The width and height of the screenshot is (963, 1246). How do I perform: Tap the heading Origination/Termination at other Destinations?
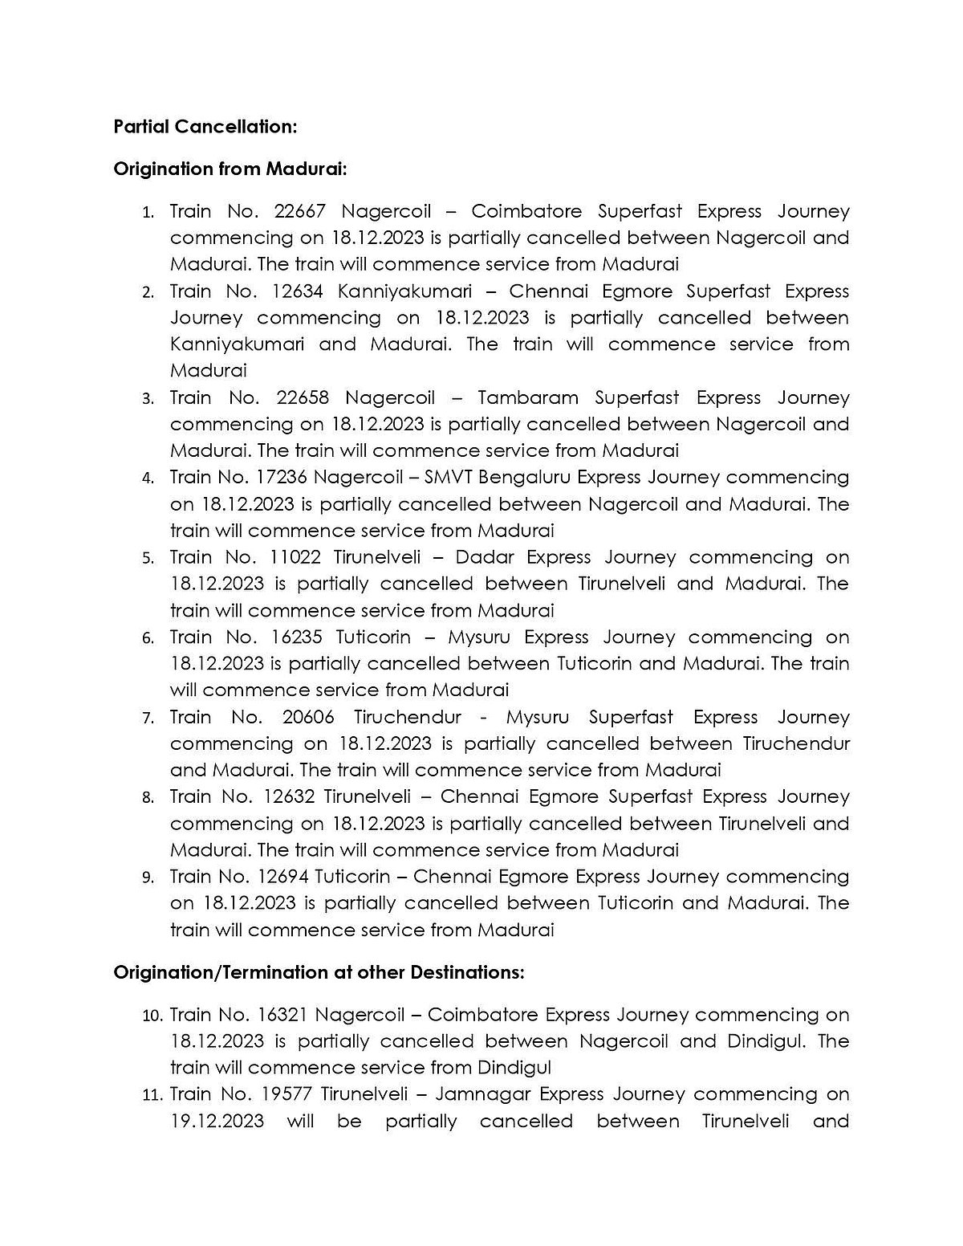tap(319, 972)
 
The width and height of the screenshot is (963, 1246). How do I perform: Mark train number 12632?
tap(287, 796)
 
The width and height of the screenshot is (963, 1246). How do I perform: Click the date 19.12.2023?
tap(217, 1121)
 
